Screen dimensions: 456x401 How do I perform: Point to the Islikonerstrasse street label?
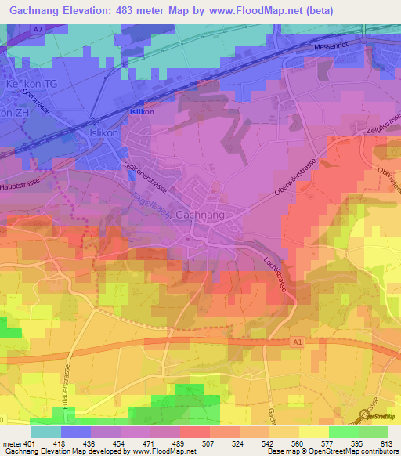[x=146, y=177]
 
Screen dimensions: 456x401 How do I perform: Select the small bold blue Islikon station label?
[x=139, y=112]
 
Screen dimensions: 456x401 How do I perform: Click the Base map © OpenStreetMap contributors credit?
[x=331, y=452]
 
